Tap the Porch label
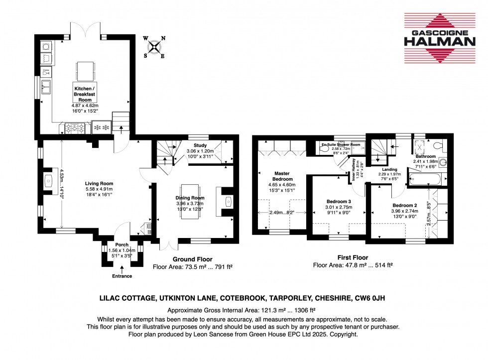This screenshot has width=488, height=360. point(122,245)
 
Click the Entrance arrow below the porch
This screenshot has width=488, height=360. point(122,269)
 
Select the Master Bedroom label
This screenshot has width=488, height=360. point(282,176)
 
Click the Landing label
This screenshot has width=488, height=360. point(389,169)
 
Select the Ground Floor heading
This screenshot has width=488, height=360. point(192,259)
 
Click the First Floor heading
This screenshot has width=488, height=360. point(333,258)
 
